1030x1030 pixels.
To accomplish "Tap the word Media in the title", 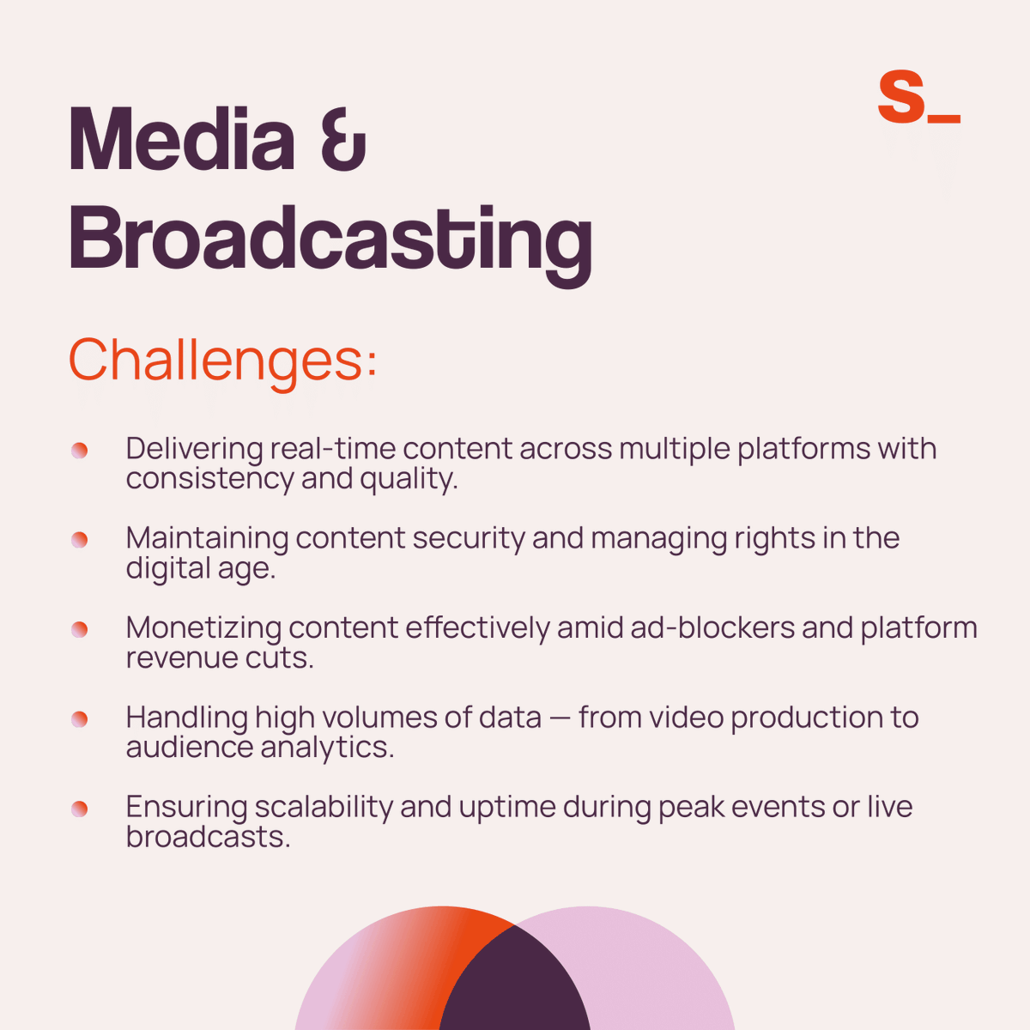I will click(x=181, y=139).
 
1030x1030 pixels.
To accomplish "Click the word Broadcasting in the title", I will click(x=330, y=238).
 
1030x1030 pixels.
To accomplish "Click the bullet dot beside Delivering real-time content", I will click(x=80, y=451).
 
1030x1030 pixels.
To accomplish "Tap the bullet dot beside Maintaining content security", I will click(x=80, y=540).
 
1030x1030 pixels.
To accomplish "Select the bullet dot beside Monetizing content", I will click(x=80, y=630).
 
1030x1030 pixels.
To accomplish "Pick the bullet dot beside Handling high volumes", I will click(x=80, y=719).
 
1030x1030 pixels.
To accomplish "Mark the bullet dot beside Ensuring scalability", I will click(x=80, y=809).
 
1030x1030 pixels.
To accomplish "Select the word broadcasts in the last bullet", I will click(x=208, y=837).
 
